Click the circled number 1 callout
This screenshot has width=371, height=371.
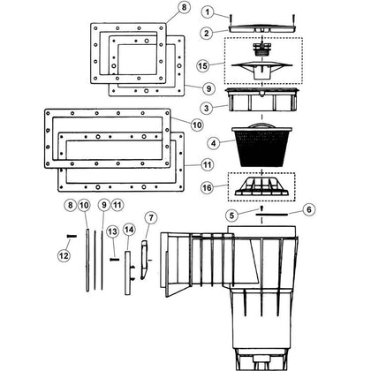[208, 12]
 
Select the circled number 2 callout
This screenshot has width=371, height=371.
[207, 33]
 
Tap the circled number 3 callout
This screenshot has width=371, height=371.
[207, 108]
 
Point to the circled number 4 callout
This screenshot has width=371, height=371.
[214, 143]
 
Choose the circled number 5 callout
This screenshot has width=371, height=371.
[232, 216]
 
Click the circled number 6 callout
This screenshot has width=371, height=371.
[308, 209]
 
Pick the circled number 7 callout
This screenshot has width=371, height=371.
[151, 218]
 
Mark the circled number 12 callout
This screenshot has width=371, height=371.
[64, 255]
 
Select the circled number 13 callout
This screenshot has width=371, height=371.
[113, 231]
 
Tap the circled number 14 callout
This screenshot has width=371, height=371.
[129, 230]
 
